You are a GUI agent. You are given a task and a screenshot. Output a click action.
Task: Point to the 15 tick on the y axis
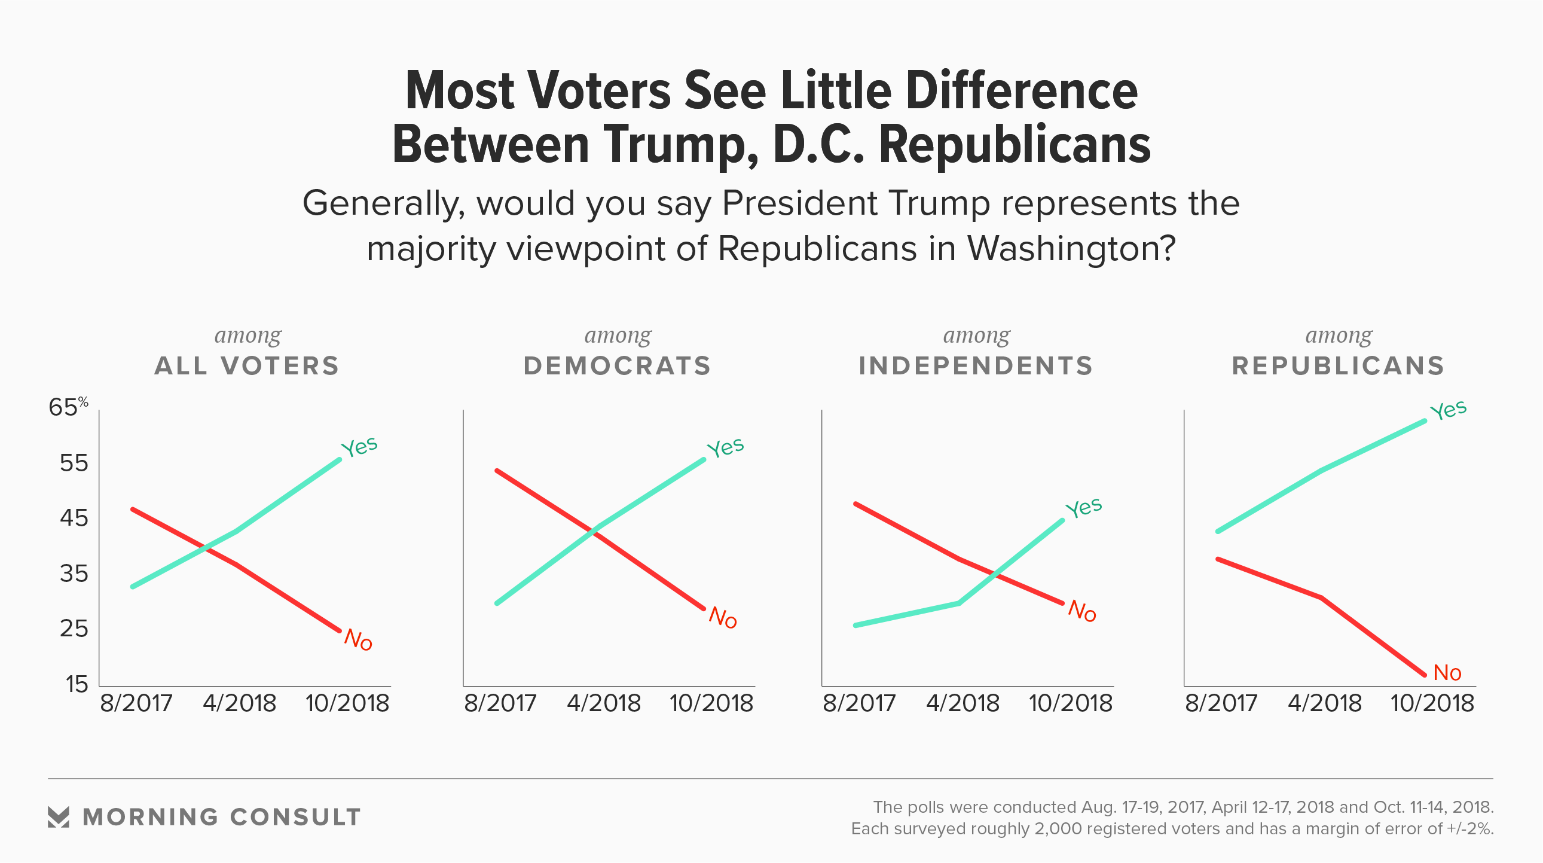pos(77,684)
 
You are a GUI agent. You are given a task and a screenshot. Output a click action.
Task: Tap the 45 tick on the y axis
pos(74,518)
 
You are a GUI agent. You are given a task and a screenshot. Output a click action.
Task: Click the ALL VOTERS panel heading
pos(247,365)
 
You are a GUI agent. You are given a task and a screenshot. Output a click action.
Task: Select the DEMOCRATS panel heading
pos(618,365)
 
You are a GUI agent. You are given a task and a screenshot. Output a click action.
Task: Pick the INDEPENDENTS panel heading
pos(976,365)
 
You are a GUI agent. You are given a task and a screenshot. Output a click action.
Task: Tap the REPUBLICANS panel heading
pos(1338,365)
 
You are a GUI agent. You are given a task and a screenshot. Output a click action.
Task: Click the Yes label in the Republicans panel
pos(1449,410)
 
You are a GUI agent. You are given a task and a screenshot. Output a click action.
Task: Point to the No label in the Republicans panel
pos(1447,673)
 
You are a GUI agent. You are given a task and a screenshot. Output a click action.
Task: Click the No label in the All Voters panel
pos(358,639)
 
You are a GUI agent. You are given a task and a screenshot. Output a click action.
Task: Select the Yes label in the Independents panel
pos(1084,508)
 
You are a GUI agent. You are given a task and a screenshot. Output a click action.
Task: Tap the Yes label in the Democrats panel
pos(725,447)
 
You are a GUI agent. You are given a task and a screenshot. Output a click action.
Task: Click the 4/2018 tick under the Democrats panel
pos(604,703)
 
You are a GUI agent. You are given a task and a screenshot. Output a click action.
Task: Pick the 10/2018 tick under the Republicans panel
pos(1432,703)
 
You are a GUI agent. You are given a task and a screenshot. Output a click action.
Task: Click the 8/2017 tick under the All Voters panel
pos(136,703)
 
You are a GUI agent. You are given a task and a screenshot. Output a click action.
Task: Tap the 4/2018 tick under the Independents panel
pos(963,703)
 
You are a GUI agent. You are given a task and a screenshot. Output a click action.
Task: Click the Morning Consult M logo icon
pos(59,817)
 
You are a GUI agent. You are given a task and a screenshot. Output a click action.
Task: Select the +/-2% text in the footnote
pos(1470,829)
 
